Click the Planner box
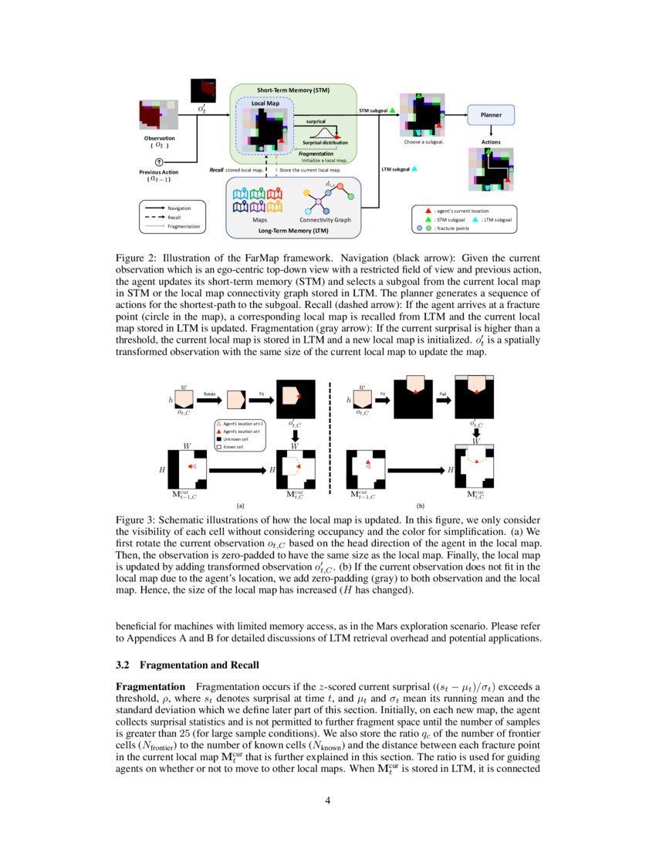pos(491,115)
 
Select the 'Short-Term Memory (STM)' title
pos(293,90)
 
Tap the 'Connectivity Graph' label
pos(325,220)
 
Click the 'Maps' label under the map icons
pos(259,220)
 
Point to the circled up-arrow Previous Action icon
pos(159,162)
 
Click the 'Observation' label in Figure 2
pos(159,138)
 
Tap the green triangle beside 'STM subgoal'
pos(392,111)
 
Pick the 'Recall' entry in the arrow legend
pos(174,217)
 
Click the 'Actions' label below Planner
pos(491,143)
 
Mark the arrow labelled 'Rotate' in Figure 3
pos(210,401)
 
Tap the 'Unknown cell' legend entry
pos(235,439)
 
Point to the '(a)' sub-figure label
pos(240,506)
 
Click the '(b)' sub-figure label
pos(421,506)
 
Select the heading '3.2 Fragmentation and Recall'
pos(187,665)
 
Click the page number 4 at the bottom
pos(328,800)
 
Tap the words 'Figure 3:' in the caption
pos(135,521)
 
